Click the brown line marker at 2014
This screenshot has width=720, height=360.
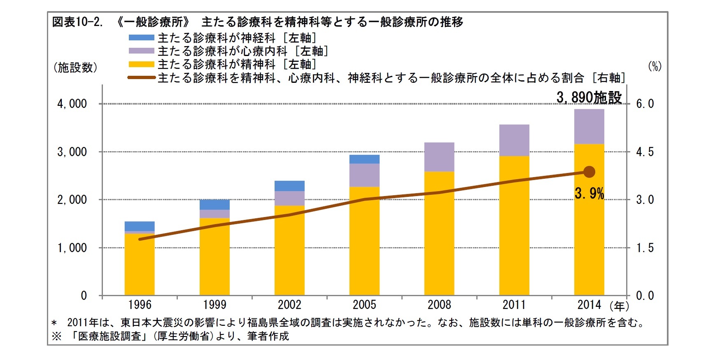589,172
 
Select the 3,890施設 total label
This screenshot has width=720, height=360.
589,98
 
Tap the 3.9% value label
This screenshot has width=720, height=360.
589,193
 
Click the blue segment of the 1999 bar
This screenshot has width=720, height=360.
214,205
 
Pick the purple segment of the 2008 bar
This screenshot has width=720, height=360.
439,157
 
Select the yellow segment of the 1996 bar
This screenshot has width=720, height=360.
140,264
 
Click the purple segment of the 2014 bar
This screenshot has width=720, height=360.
589,126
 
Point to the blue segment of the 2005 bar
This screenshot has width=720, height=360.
364,159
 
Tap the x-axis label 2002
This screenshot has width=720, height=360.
289,305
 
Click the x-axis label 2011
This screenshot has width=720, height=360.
514,305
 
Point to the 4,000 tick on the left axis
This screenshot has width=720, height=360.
72,104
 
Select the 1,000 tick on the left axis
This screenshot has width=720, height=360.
72,248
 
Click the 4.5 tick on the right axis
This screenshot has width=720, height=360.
645,152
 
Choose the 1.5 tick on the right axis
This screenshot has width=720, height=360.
645,248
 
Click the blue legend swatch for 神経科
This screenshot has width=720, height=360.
141,38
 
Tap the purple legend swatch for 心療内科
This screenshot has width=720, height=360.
141,51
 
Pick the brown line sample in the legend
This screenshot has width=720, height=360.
141,77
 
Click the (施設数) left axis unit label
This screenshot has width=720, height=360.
75,68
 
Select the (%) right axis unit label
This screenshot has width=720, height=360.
655,66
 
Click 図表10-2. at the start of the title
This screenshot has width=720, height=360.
77,22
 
